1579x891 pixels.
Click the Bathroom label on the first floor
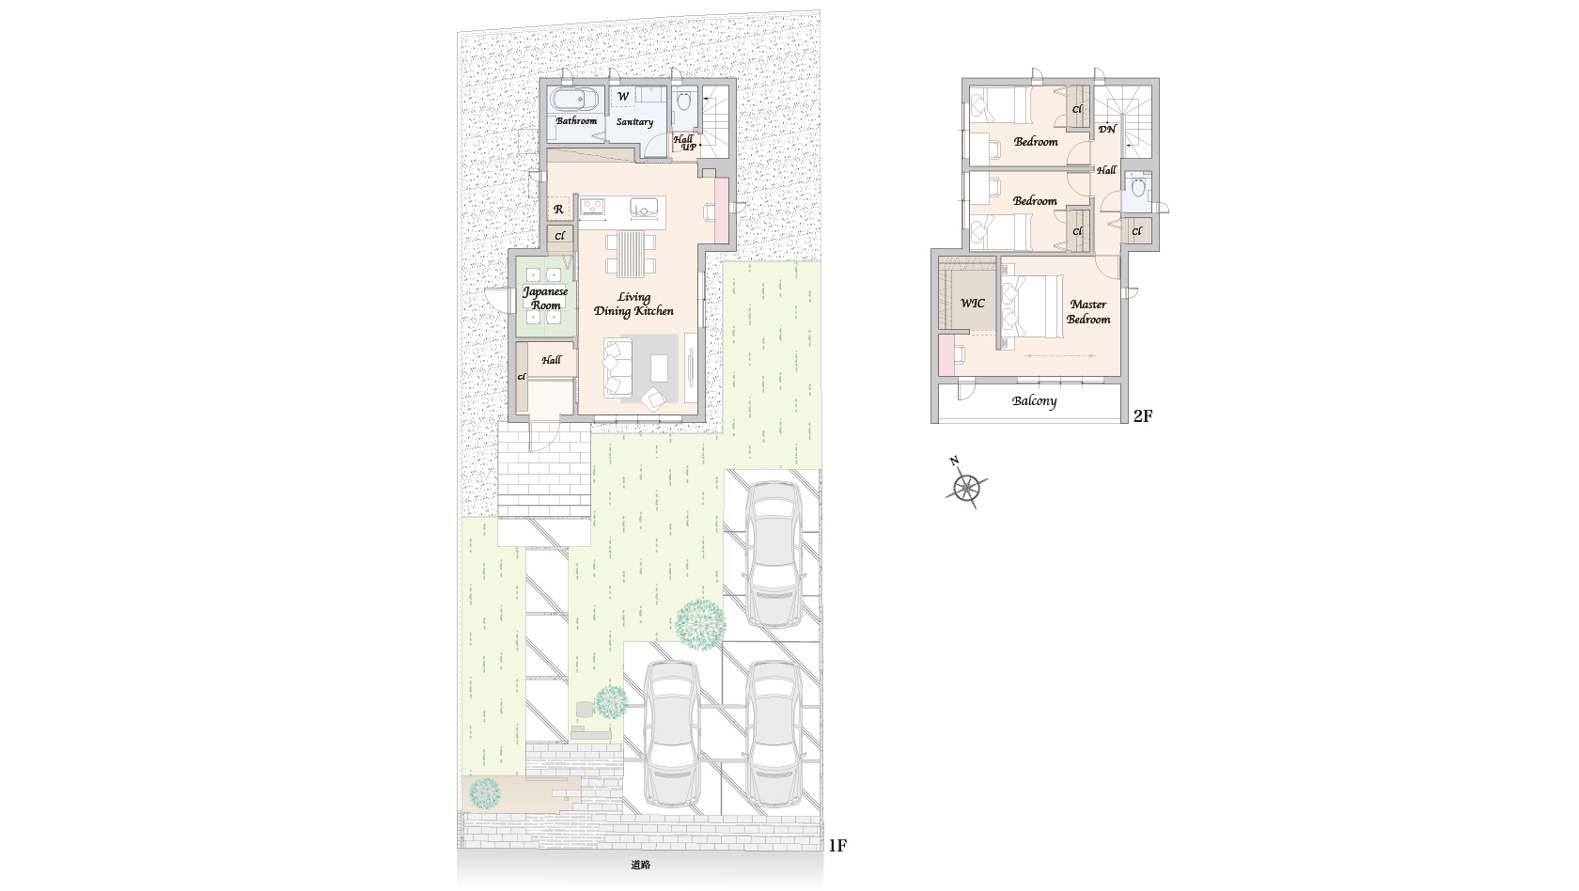tap(576, 120)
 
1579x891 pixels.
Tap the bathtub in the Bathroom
tap(574, 101)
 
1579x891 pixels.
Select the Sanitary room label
tap(634, 122)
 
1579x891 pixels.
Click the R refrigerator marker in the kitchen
tap(558, 210)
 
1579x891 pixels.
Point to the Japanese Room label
tap(545, 298)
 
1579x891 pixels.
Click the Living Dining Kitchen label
tap(633, 304)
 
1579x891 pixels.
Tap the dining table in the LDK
tap(631, 253)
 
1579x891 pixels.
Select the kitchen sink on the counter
tap(645, 207)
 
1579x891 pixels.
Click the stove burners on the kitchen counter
tap(592, 207)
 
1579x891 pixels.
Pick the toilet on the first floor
tap(683, 102)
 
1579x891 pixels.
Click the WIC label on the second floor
tap(973, 303)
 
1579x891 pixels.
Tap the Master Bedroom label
tap(1088, 312)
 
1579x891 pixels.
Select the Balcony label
tap(1034, 401)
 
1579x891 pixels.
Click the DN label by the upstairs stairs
tap(1107, 129)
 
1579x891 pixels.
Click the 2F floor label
tap(1143, 415)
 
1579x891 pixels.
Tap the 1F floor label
tap(837, 845)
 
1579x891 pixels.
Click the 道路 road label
tap(640, 865)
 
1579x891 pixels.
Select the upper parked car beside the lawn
tap(774, 555)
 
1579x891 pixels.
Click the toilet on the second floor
tap(1136, 188)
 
